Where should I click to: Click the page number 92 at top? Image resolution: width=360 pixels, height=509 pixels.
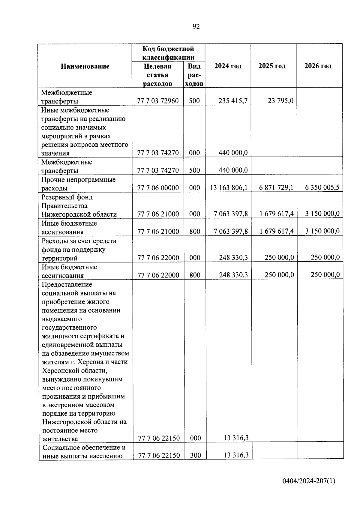(x=196, y=27)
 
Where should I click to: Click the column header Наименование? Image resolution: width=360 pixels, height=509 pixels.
(x=85, y=66)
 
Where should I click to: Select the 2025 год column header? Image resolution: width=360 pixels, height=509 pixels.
(x=272, y=66)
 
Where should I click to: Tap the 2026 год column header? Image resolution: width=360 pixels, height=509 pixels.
(x=318, y=66)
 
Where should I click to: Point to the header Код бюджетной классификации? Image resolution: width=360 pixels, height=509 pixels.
(x=168, y=53)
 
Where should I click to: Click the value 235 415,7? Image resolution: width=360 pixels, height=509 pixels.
(x=233, y=101)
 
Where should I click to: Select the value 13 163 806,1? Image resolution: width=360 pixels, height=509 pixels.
(x=229, y=188)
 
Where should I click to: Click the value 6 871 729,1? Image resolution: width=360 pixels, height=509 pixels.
(x=276, y=188)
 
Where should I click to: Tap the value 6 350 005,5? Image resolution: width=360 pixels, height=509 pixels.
(x=322, y=188)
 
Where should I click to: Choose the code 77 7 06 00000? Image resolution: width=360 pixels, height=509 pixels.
(x=158, y=188)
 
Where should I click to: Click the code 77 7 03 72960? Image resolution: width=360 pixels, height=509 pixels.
(x=158, y=101)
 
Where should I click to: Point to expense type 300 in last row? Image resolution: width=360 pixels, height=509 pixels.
(x=195, y=455)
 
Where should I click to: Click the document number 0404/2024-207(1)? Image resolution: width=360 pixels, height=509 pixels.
(x=309, y=481)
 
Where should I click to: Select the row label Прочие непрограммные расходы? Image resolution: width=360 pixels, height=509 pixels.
(x=78, y=184)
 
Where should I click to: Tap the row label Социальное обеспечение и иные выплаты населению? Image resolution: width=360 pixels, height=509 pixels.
(x=84, y=452)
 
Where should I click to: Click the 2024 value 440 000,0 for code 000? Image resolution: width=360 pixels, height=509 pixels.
(x=233, y=153)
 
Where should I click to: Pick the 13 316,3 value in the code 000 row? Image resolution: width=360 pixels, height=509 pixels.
(x=236, y=438)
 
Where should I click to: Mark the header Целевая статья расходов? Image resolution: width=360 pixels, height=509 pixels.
(x=157, y=75)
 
